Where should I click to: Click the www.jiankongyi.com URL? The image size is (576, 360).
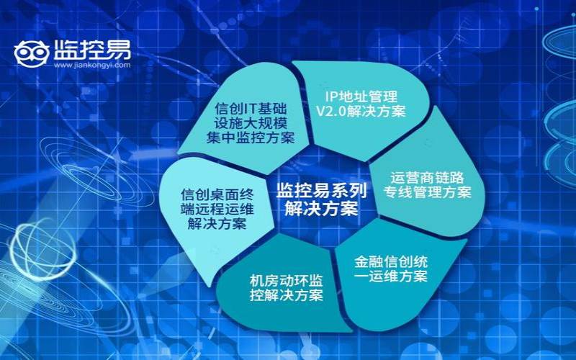click(92, 64)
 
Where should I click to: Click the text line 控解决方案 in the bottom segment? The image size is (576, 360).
click(286, 295)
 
